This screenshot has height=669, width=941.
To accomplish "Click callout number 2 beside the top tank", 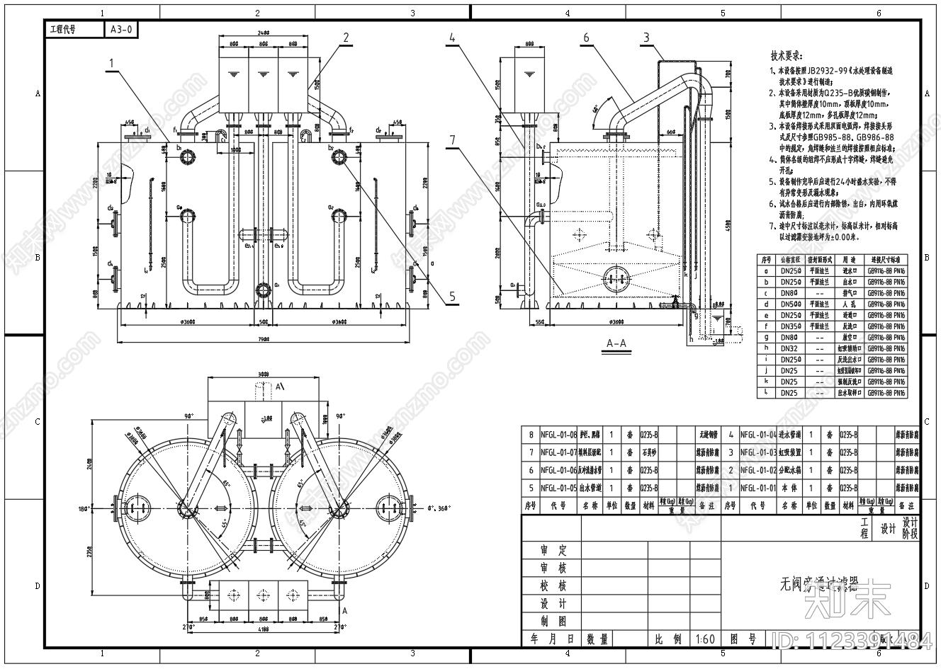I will tap(346, 38).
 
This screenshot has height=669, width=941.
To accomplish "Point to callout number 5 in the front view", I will tap(452, 298).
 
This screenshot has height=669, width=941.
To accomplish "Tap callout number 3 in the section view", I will tap(646, 38).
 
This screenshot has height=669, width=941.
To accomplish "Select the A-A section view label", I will tap(616, 343).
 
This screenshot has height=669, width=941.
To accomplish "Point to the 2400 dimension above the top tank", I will tap(264, 33).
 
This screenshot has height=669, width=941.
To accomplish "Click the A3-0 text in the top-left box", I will tap(121, 29).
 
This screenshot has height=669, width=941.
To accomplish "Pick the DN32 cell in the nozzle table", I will tap(789, 348).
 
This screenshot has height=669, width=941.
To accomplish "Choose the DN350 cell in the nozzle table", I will tap(791, 326).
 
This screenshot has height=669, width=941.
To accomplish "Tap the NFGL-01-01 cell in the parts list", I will tap(758, 488).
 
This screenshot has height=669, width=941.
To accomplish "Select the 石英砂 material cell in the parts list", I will tap(648, 452).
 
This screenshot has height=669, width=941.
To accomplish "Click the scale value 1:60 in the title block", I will tap(705, 639).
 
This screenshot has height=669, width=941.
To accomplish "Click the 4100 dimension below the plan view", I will tap(263, 628).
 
